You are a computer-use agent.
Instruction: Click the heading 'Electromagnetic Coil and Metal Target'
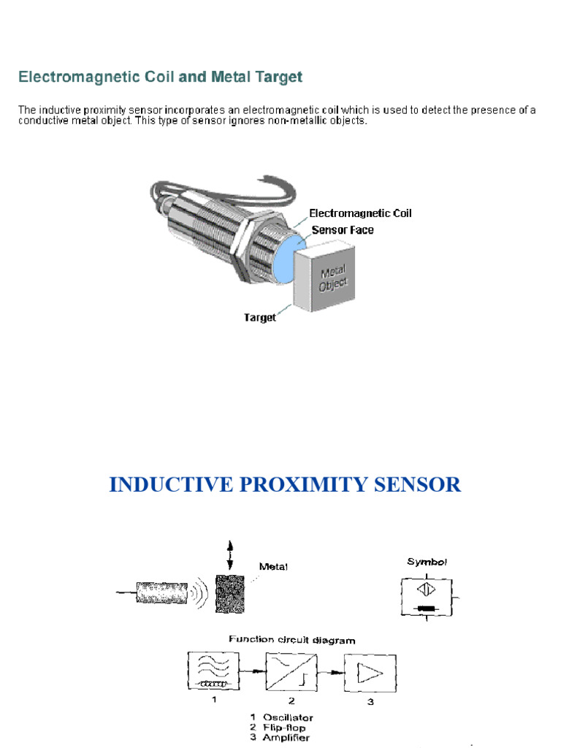pos(160,77)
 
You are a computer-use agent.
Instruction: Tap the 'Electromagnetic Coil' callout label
pos(360,213)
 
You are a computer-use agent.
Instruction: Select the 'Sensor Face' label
pos(343,229)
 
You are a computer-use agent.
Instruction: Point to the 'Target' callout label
pos(260,318)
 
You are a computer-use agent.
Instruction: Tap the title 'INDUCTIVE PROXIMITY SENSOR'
pos(285,484)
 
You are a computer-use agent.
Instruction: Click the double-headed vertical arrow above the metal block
pos(229,556)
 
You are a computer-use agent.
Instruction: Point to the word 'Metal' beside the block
pos(273,566)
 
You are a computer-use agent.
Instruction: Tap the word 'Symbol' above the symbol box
pos(427,562)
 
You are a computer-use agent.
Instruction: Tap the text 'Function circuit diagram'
pos(292,639)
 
